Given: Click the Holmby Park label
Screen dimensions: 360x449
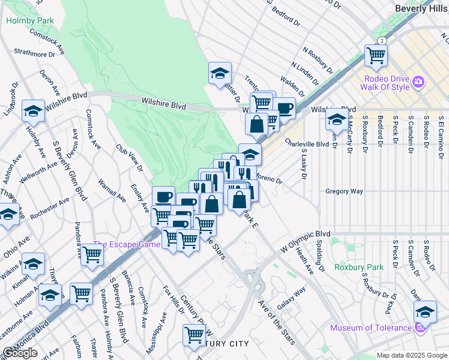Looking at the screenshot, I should click(x=29, y=20).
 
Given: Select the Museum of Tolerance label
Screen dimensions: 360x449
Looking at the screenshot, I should click(x=370, y=328).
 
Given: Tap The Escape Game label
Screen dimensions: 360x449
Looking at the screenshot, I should click(x=126, y=245).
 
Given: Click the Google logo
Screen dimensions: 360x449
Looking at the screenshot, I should click(x=20, y=353).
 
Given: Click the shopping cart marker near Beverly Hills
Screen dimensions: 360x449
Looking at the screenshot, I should click(x=376, y=56).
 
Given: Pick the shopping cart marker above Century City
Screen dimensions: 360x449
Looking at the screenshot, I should click(x=194, y=335).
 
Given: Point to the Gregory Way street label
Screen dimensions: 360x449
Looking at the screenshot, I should click(x=344, y=191).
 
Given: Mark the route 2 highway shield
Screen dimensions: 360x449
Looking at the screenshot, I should click(x=381, y=40).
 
